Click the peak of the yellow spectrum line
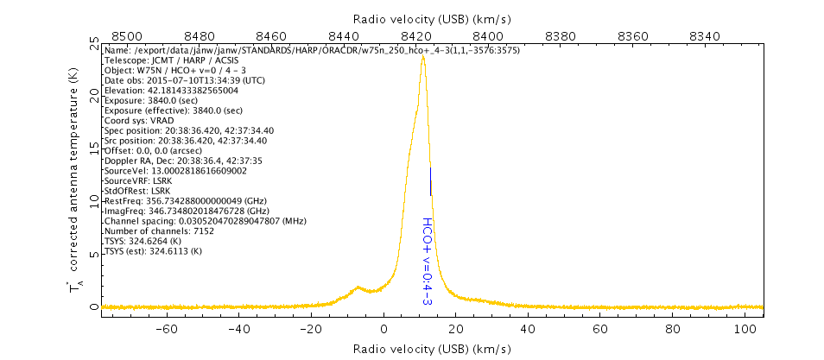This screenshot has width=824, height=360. coord(422,57)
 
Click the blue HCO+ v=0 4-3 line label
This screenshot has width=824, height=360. coord(427,261)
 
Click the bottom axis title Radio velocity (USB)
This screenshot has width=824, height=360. coord(432,348)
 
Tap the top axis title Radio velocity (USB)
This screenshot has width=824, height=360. coord(432,18)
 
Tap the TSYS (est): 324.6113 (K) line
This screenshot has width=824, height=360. coord(153,250)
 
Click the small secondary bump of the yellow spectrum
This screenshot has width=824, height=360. coord(358,288)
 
